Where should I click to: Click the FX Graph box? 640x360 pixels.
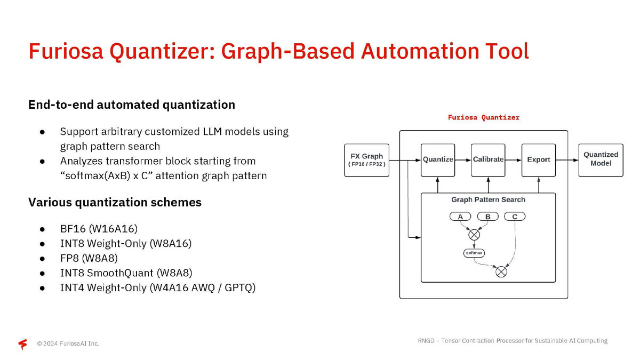click(x=366, y=159)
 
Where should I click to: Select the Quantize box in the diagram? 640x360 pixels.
click(x=438, y=159)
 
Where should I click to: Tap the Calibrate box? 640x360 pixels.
click(x=488, y=159)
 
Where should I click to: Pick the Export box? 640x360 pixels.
click(x=538, y=159)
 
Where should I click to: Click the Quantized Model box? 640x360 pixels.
click(x=601, y=159)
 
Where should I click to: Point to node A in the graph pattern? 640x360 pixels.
click(x=460, y=217)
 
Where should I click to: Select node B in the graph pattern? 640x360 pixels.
click(x=487, y=217)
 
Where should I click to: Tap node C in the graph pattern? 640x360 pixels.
click(x=515, y=217)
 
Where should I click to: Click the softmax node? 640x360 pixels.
click(x=474, y=253)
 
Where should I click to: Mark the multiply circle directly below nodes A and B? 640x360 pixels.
click(x=474, y=234)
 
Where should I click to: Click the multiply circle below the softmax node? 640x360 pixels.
click(x=501, y=271)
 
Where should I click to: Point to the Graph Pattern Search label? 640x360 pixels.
click(x=488, y=199)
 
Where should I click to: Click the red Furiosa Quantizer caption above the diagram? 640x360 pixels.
click(x=483, y=117)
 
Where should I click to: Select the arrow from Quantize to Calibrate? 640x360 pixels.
click(x=463, y=159)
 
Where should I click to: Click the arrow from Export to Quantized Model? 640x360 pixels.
click(x=567, y=159)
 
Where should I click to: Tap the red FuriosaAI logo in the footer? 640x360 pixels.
click(x=22, y=344)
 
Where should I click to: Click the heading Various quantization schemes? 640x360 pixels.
click(x=115, y=203)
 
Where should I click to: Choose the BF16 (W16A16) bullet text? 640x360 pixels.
click(x=99, y=229)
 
